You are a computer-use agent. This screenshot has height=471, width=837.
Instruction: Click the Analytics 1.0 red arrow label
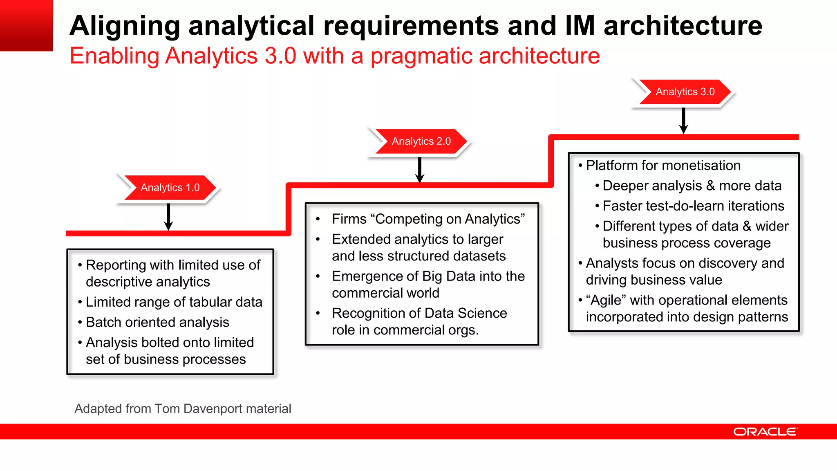pyautogui.click(x=170, y=188)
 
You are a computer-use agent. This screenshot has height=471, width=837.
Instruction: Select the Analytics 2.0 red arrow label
pyautogui.click(x=421, y=141)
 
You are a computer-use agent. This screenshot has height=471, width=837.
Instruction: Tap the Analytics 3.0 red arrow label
pyautogui.click(x=685, y=92)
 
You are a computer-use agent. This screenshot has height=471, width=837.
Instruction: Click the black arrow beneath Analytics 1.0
pyautogui.click(x=168, y=217)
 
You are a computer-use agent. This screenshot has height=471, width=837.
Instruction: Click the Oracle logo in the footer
pyautogui.click(x=765, y=432)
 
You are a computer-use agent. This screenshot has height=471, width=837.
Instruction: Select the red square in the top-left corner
pyautogui.click(x=26, y=25)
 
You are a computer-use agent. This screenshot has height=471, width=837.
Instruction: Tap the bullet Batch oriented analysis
pyautogui.click(x=157, y=322)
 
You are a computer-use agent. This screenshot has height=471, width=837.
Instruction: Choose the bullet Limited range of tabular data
pyautogui.click(x=174, y=302)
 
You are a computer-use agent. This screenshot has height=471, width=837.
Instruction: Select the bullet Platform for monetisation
pyautogui.click(x=663, y=166)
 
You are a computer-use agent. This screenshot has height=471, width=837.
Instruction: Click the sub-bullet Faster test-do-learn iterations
pyautogui.click(x=693, y=206)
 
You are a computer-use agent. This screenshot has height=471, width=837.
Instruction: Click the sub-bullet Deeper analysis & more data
pyautogui.click(x=692, y=186)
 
